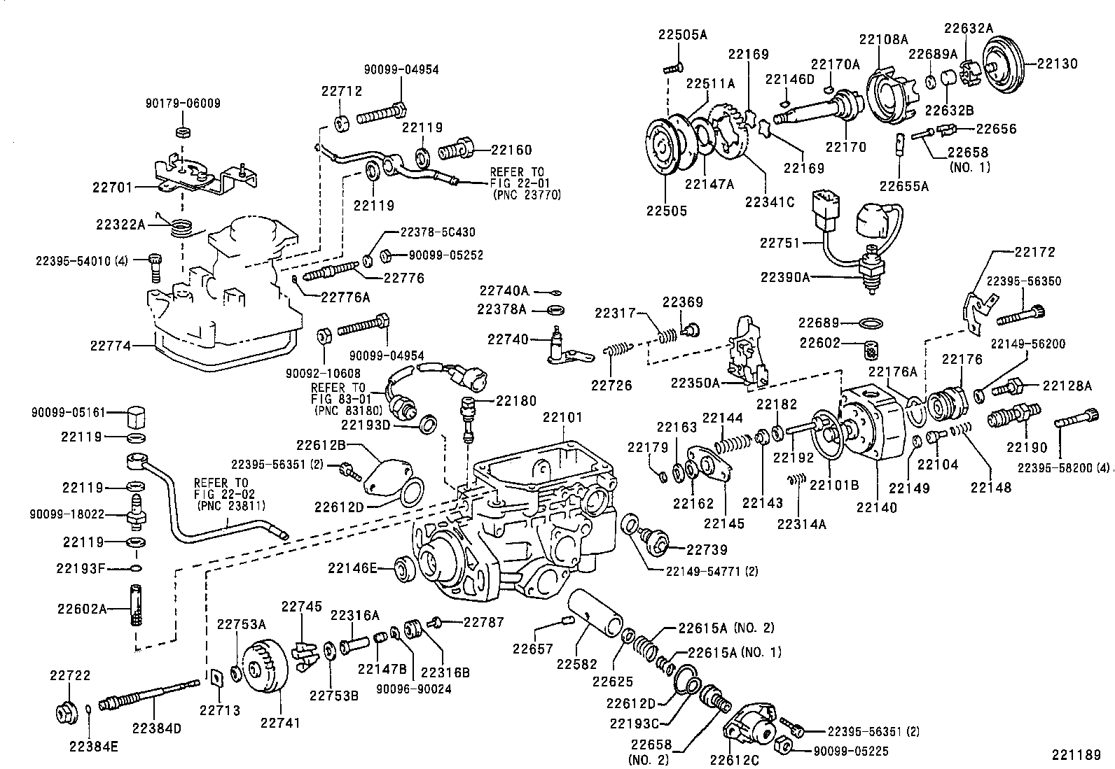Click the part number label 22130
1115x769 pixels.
[x=1058, y=63]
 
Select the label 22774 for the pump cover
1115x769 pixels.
[x=111, y=345]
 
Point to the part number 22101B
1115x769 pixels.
[x=834, y=484]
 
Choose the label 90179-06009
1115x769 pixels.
[x=183, y=103]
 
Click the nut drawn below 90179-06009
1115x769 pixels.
[x=183, y=132]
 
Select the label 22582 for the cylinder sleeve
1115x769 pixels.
[x=578, y=663]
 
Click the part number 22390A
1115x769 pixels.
[x=785, y=277]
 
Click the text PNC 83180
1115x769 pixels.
[x=343, y=409]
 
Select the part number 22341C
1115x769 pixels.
[x=770, y=202]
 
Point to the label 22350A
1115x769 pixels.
[x=695, y=383]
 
